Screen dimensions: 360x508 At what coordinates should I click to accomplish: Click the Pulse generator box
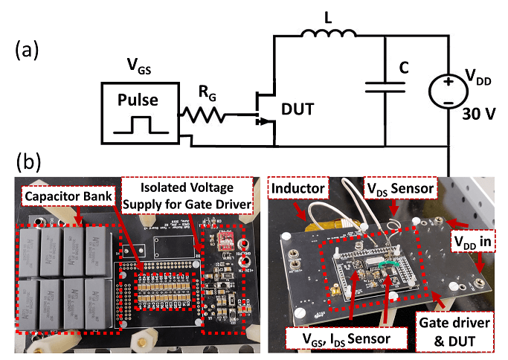(x=140, y=112)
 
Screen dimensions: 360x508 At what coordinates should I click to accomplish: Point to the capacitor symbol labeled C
(x=385, y=89)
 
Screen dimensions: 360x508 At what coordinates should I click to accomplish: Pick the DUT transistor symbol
(x=262, y=112)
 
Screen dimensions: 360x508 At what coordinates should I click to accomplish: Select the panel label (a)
(x=27, y=51)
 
